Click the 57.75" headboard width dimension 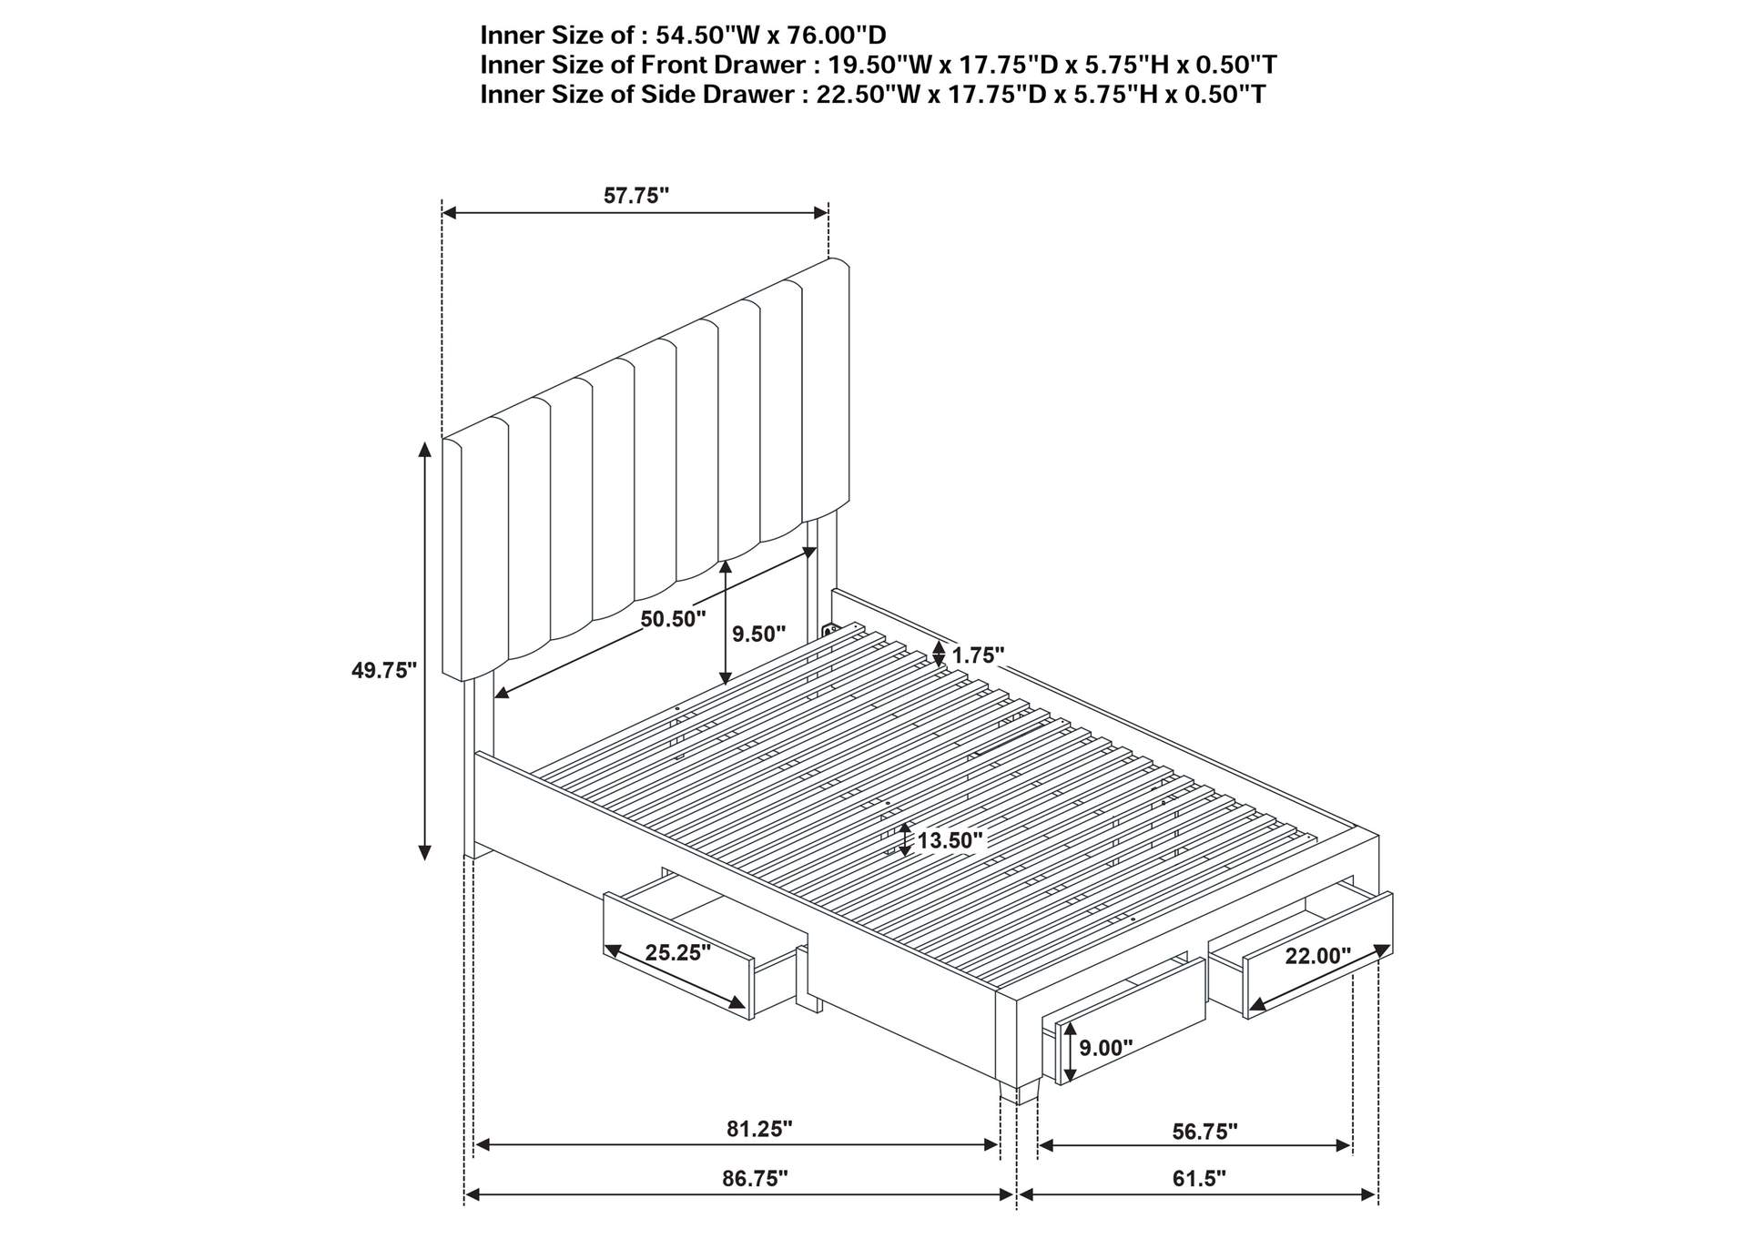tap(635, 196)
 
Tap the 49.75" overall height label tap(383, 671)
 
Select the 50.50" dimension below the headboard tap(673, 620)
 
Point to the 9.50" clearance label tap(758, 634)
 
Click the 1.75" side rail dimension tap(978, 655)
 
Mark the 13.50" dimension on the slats tap(950, 840)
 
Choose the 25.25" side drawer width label tap(677, 953)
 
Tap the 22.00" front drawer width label tap(1317, 956)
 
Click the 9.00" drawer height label tap(1105, 1048)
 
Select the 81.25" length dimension tap(759, 1129)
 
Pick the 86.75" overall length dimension tap(755, 1179)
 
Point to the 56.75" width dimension tap(1204, 1132)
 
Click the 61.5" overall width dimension tap(1199, 1179)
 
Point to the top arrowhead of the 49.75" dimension tap(424, 449)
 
